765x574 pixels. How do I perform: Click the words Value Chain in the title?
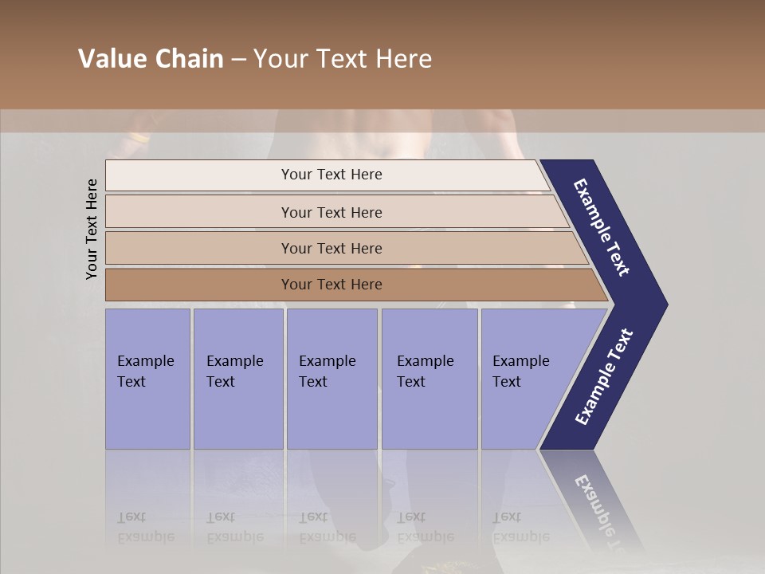(151, 59)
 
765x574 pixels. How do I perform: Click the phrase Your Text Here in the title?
(343, 59)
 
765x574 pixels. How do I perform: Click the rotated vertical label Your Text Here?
(92, 230)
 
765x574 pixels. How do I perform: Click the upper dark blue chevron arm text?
(602, 228)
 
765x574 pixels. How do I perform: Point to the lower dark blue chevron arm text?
(604, 376)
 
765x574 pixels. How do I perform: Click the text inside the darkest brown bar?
(331, 285)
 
